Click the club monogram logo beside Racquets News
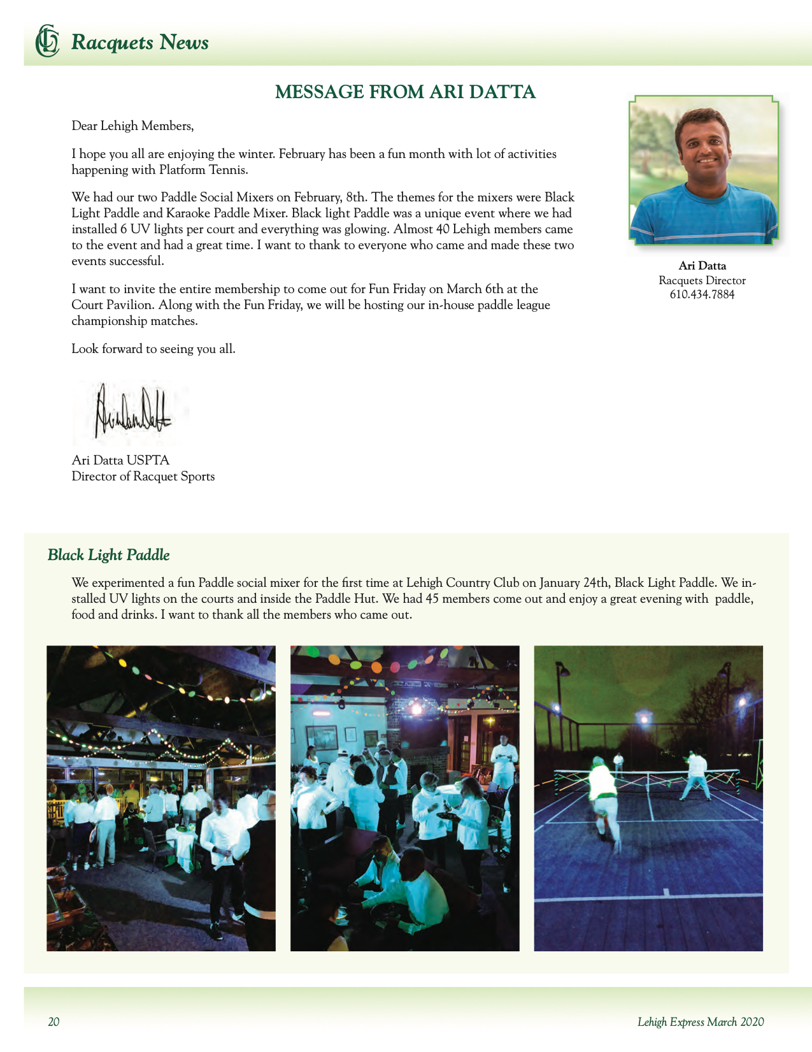46,41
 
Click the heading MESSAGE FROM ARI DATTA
405,92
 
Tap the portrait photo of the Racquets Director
703,170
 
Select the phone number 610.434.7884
702,294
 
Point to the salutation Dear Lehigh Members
132,126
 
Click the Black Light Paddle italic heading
109,555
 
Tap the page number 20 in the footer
53,1022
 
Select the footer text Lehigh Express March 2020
701,1022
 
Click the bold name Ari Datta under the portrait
702,266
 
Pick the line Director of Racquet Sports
143,477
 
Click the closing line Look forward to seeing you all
153,349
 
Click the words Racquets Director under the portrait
702,280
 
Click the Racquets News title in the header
140,43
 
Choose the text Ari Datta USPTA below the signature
120,460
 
